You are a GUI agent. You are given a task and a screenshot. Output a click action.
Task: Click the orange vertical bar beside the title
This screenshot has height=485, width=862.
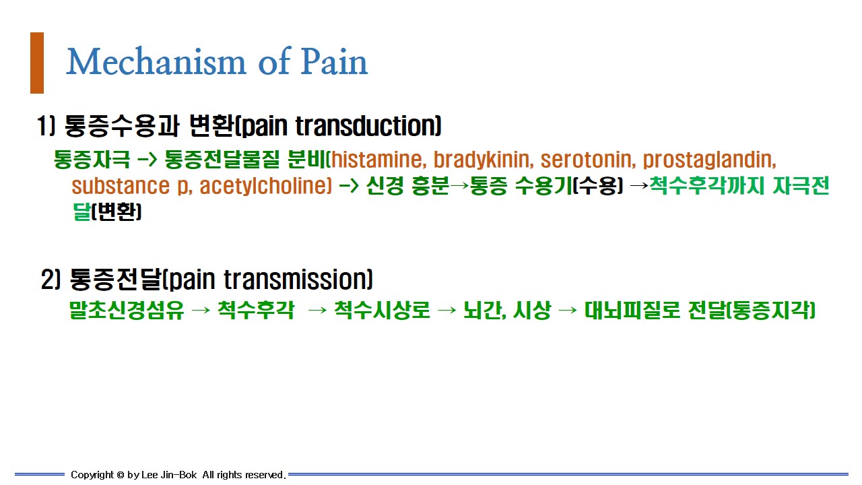tap(37, 63)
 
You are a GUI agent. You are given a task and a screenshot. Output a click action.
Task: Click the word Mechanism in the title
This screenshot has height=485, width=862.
tap(156, 61)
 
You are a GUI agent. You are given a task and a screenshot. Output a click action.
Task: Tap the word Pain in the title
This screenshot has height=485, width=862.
tap(333, 61)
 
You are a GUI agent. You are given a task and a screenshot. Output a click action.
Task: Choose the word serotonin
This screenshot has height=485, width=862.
tap(588, 160)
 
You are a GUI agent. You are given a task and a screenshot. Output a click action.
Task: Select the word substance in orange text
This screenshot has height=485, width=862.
tap(121, 186)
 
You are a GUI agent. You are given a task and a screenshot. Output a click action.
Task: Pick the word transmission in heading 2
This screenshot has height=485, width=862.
tap(296, 279)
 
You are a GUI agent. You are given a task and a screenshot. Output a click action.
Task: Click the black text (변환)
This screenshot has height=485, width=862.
tap(117, 212)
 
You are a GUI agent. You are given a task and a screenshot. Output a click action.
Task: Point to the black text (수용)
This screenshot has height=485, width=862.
tap(597, 185)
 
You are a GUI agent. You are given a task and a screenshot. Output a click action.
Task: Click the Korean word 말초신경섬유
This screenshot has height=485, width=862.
tap(126, 311)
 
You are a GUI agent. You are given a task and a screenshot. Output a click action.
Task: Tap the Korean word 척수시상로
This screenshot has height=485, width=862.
tap(381, 311)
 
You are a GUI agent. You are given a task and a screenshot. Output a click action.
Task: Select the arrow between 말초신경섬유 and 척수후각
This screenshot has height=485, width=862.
tap(201, 311)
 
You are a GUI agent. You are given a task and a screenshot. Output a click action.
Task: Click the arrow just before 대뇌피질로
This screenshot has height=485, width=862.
tap(568, 311)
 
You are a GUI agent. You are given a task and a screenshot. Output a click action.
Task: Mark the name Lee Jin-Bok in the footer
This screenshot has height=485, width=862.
tap(169, 475)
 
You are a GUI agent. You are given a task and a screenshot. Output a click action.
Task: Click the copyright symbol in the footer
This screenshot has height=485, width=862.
tap(120, 476)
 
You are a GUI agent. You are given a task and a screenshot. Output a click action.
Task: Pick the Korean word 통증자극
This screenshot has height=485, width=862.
tap(92, 160)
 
